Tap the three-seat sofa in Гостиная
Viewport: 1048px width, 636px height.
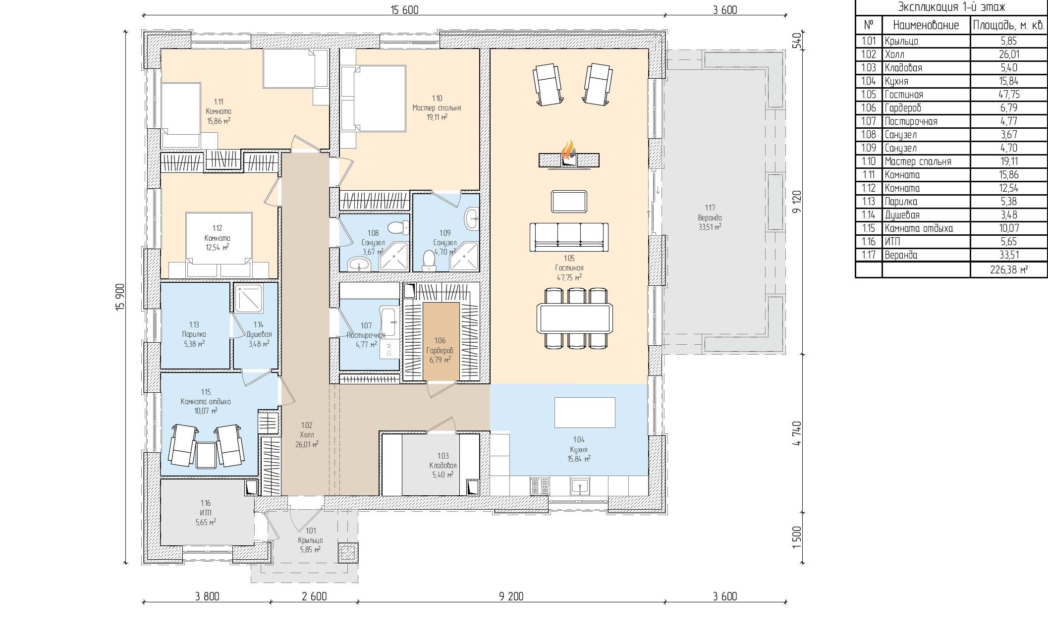[x=569, y=238]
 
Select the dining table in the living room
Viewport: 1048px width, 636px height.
[x=575, y=318]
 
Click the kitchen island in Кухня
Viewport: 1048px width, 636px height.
[x=585, y=412]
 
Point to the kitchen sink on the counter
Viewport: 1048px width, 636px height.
[x=579, y=486]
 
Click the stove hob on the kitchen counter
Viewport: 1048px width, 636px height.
[x=540, y=486]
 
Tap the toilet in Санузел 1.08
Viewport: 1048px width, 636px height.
[x=398, y=228]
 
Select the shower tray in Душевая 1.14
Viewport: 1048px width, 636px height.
[x=248, y=298]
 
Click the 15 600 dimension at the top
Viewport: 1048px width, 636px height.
[x=404, y=10]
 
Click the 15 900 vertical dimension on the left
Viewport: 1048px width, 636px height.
[x=119, y=297]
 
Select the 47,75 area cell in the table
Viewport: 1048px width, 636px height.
[x=1009, y=94]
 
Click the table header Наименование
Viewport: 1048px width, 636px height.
[x=926, y=25]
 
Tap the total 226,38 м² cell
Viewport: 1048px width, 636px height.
[x=1009, y=269]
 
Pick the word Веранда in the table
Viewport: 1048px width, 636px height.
[x=901, y=255]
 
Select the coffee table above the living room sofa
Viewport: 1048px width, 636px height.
[x=569, y=202]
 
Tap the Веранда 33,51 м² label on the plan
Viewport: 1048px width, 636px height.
[x=710, y=217]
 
